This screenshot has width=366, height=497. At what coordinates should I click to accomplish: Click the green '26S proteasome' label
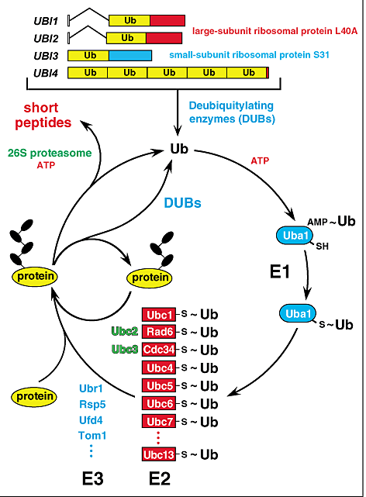40,152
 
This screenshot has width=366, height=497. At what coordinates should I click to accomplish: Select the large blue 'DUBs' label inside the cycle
183,203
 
